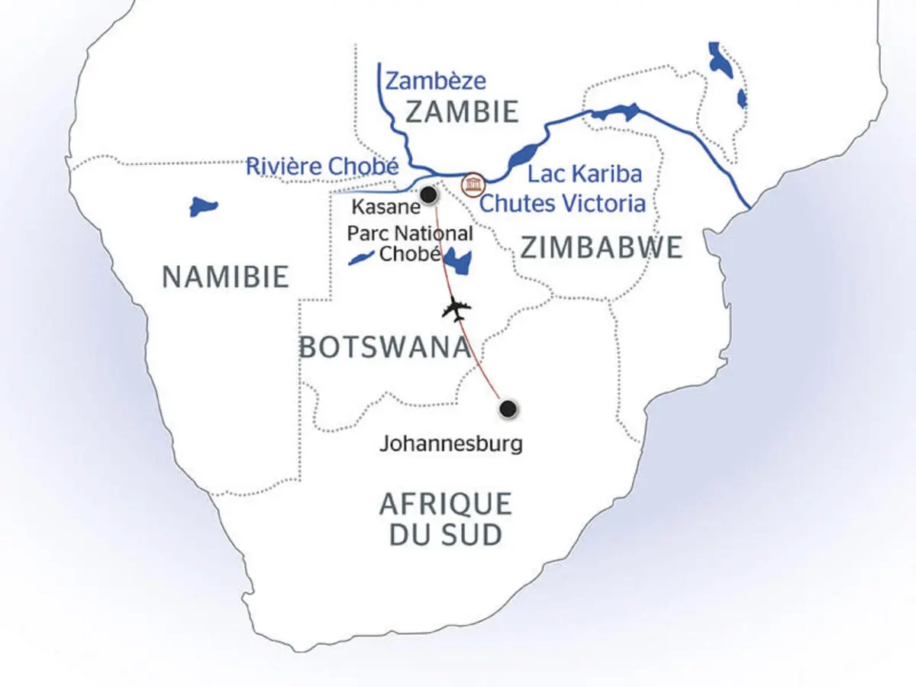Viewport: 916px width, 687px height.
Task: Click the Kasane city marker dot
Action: (x=430, y=196)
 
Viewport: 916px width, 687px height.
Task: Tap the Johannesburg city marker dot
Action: (x=508, y=410)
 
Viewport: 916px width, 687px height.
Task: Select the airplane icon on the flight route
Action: (x=457, y=309)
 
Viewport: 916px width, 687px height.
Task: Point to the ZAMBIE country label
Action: (x=462, y=111)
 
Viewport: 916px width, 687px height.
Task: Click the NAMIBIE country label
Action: (x=225, y=276)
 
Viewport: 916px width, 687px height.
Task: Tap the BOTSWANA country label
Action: (x=384, y=347)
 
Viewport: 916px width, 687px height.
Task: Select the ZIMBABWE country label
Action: (x=602, y=247)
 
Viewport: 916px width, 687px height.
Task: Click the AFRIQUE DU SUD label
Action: (x=445, y=519)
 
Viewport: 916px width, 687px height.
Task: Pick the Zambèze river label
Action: (x=435, y=80)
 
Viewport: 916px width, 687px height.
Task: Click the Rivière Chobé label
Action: (x=322, y=166)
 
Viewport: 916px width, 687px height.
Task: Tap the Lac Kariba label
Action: (x=585, y=174)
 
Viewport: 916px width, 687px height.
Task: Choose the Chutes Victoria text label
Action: (x=562, y=204)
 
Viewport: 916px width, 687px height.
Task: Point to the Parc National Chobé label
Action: (x=410, y=244)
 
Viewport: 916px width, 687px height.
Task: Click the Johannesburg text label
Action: (x=451, y=443)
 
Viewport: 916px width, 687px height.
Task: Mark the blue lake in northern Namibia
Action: (x=203, y=207)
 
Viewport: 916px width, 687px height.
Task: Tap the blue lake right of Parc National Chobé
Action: (x=459, y=262)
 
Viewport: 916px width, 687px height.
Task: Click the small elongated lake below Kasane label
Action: (x=361, y=257)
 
